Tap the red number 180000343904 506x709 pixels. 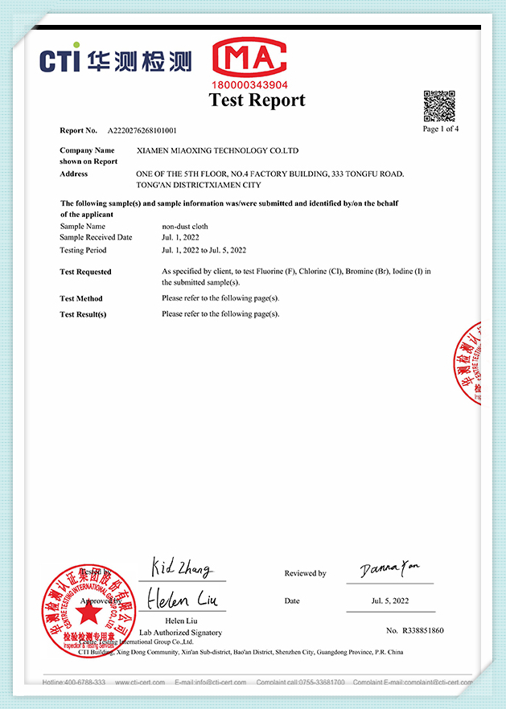coord(250,84)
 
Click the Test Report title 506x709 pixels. coord(257,100)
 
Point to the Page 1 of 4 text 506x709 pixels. coord(441,129)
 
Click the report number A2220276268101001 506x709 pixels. coord(142,130)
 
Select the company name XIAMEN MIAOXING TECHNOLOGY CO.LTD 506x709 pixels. coord(218,150)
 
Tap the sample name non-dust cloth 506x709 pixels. coord(185,227)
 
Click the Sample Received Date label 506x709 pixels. coord(96,237)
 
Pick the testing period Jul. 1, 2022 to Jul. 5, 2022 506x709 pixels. coord(204,250)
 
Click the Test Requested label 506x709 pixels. coord(85,273)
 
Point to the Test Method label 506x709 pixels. coord(81,299)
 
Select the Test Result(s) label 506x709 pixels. coord(83,314)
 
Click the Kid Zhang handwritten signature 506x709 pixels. coord(181,568)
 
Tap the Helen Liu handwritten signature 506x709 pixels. coord(181,600)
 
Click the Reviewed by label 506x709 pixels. coord(305,574)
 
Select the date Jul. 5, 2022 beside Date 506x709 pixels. coord(390,600)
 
